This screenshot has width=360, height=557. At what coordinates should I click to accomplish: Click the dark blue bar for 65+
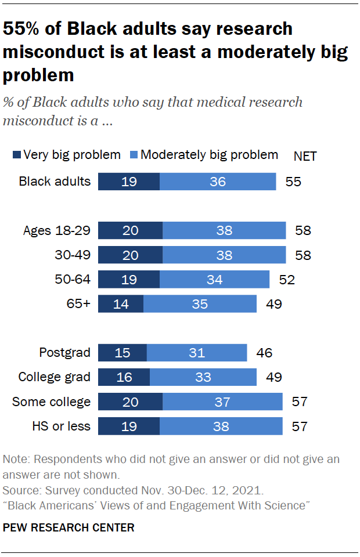121,304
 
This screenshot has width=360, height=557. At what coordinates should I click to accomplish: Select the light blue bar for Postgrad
197,352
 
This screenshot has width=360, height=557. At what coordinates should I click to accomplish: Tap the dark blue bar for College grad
124,377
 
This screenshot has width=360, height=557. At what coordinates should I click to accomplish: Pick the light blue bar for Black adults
218,181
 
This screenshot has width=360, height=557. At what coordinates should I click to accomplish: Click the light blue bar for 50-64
214,279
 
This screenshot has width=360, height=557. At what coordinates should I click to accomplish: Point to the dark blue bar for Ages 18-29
130,230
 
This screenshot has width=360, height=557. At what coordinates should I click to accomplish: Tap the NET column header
305,156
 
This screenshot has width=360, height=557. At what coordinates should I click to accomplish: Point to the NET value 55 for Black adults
293,181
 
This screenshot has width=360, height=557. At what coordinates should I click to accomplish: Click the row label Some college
51,402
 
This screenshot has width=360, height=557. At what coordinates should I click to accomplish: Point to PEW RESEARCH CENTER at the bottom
69,527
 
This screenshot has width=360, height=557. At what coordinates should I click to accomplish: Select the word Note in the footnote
15,459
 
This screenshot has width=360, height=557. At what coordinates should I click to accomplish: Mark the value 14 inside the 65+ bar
121,304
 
